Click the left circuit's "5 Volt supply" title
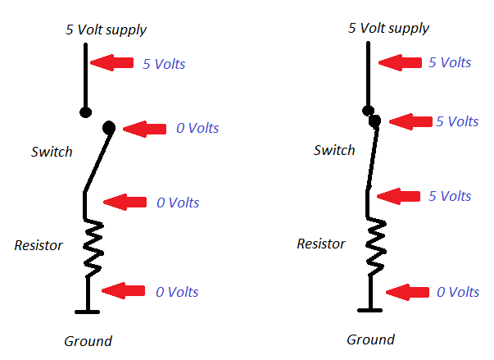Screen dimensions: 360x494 106,30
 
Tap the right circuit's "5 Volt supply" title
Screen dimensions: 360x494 388,28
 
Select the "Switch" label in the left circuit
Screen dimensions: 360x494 52,152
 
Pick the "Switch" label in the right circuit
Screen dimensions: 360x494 334,150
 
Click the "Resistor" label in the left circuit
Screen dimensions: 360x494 39,244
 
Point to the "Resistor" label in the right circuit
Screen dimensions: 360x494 320,244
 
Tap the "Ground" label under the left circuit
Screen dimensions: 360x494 88,341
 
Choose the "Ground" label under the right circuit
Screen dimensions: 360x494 370,339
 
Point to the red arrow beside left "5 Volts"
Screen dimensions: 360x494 112,62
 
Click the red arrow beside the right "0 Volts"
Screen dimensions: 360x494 407,291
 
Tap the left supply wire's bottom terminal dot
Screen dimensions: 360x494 84,112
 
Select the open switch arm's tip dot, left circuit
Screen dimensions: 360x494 108,127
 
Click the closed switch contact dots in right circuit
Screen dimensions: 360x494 372,116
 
